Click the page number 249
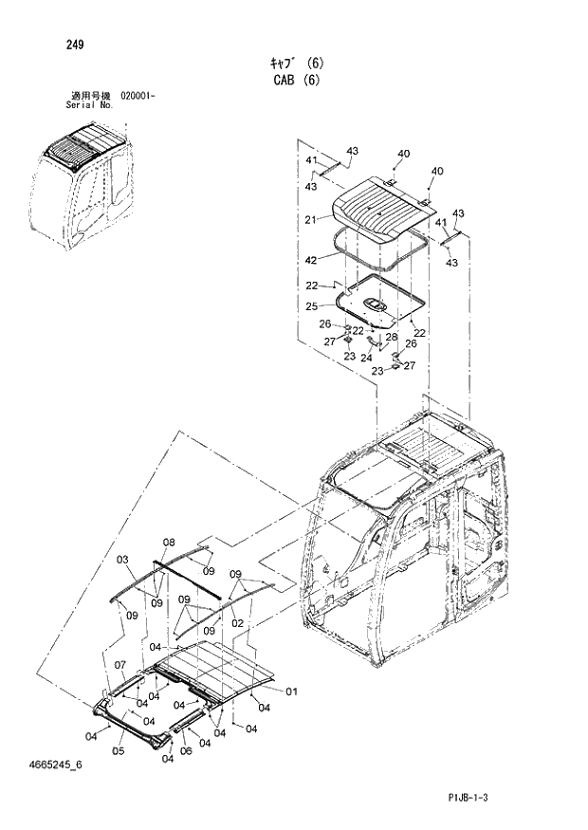(76, 43)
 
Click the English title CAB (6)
(294, 81)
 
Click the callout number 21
(310, 219)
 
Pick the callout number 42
(310, 259)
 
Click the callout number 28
(390, 337)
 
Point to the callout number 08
(169, 543)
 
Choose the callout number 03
(121, 561)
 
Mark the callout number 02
(239, 622)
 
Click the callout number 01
(291, 691)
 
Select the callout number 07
(120, 663)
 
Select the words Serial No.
(89, 105)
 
